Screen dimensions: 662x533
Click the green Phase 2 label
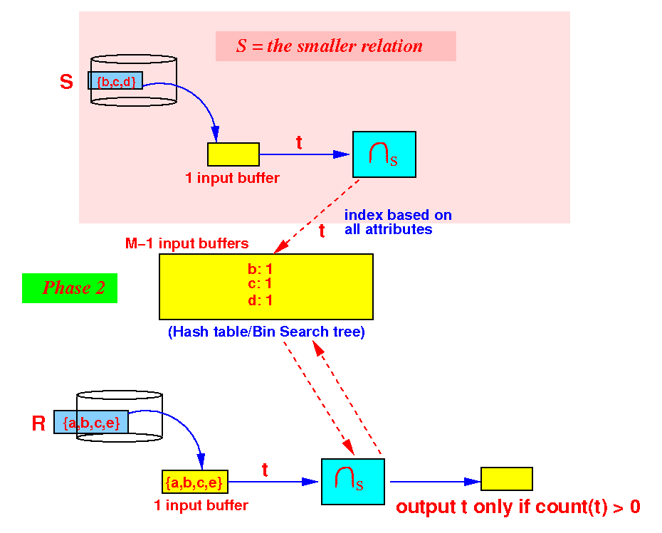tap(70, 287)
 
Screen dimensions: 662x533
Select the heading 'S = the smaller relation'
tap(330, 46)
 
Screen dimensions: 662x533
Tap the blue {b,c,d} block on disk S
tap(115, 80)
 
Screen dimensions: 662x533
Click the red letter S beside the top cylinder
tap(66, 81)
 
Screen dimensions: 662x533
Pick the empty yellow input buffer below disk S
tap(233, 154)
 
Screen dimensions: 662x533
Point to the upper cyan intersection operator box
tap(384, 154)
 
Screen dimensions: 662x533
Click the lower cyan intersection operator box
tap(353, 482)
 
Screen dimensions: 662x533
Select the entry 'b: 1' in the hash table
tap(260, 269)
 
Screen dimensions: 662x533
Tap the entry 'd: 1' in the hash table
tap(260, 300)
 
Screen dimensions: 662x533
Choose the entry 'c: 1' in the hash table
tap(260, 284)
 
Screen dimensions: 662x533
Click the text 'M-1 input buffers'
tap(187, 243)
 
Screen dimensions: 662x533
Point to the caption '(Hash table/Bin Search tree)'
tap(266, 332)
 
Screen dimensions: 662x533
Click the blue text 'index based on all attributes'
tap(398, 222)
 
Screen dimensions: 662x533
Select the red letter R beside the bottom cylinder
tap(38, 423)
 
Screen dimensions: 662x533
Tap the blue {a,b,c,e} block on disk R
tap(91, 422)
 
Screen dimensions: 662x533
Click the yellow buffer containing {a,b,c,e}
tap(194, 482)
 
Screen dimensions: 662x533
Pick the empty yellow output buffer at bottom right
tap(507, 479)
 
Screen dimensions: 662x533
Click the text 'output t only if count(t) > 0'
tap(518, 507)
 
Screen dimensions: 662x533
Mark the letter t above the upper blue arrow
tap(299, 142)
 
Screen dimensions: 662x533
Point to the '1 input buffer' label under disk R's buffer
tap(201, 505)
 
